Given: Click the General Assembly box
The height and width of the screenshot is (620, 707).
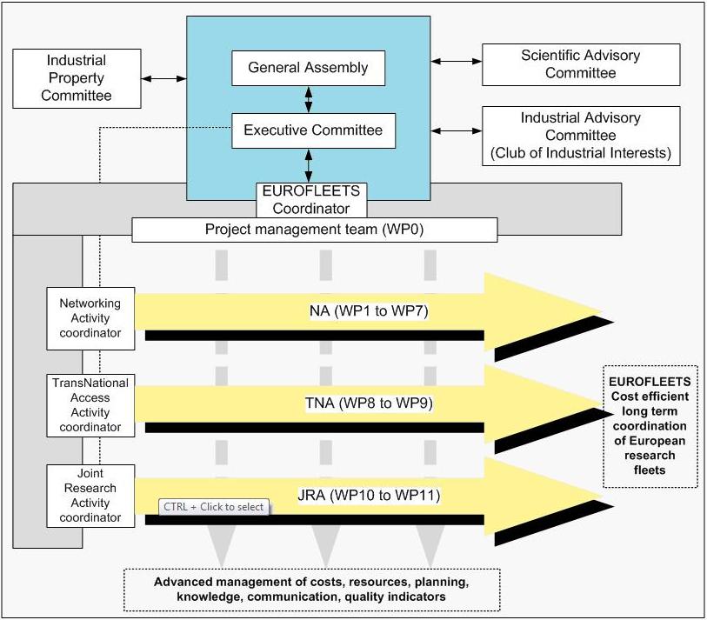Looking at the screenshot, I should coord(308,68).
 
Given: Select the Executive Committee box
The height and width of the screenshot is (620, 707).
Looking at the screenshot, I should coord(312,130).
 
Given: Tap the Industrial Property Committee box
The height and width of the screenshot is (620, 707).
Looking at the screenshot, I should coord(77,78).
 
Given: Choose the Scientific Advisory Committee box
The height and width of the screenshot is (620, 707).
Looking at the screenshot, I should coord(580,64).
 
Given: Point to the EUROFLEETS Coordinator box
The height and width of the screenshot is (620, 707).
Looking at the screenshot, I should coord(310,200).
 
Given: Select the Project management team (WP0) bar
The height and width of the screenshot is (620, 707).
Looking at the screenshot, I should coord(314,230).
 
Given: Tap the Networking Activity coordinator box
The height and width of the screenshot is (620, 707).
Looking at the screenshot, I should coord(90,318).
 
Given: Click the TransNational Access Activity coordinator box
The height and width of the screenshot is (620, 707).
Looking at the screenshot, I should coord(90,405).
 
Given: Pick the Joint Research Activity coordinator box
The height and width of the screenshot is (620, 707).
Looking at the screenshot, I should coord(90,496).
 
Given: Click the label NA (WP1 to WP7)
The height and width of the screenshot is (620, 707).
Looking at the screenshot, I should coord(369,311).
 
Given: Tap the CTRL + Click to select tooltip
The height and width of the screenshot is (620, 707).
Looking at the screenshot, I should coord(213,507).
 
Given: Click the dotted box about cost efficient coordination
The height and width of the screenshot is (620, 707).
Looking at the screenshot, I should coord(650,426).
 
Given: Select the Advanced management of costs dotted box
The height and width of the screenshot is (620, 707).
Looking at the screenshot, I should coord(311,589).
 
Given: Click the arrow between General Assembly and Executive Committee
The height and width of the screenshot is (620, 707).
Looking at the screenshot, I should coord(309,99).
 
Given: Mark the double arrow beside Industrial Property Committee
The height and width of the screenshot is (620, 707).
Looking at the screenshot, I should coord(164,78).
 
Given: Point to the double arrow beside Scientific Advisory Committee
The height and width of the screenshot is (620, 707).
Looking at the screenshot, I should coord(457,62).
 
